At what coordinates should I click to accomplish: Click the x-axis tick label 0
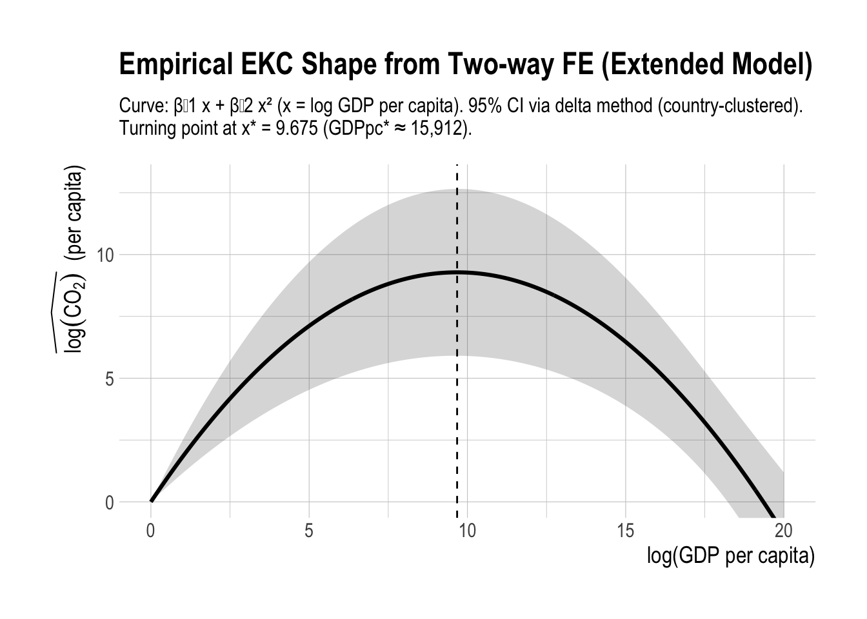tap(150, 531)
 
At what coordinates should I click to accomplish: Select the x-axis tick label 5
tap(309, 531)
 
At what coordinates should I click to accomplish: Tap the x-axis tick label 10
tap(466, 531)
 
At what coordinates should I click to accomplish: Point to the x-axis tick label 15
tap(625, 531)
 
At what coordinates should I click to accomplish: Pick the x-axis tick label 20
tap(783, 531)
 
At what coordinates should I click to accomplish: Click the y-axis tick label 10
tap(105, 255)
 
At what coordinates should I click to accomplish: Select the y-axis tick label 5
tap(110, 379)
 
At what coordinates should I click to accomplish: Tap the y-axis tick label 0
tap(110, 503)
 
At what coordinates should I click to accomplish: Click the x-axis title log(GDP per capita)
tap(731, 556)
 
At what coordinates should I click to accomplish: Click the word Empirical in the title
tap(170, 66)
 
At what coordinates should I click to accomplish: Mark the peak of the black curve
tap(457, 272)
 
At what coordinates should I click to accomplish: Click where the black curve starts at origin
tap(151, 501)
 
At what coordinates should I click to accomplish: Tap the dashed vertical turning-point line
tap(457, 419)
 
